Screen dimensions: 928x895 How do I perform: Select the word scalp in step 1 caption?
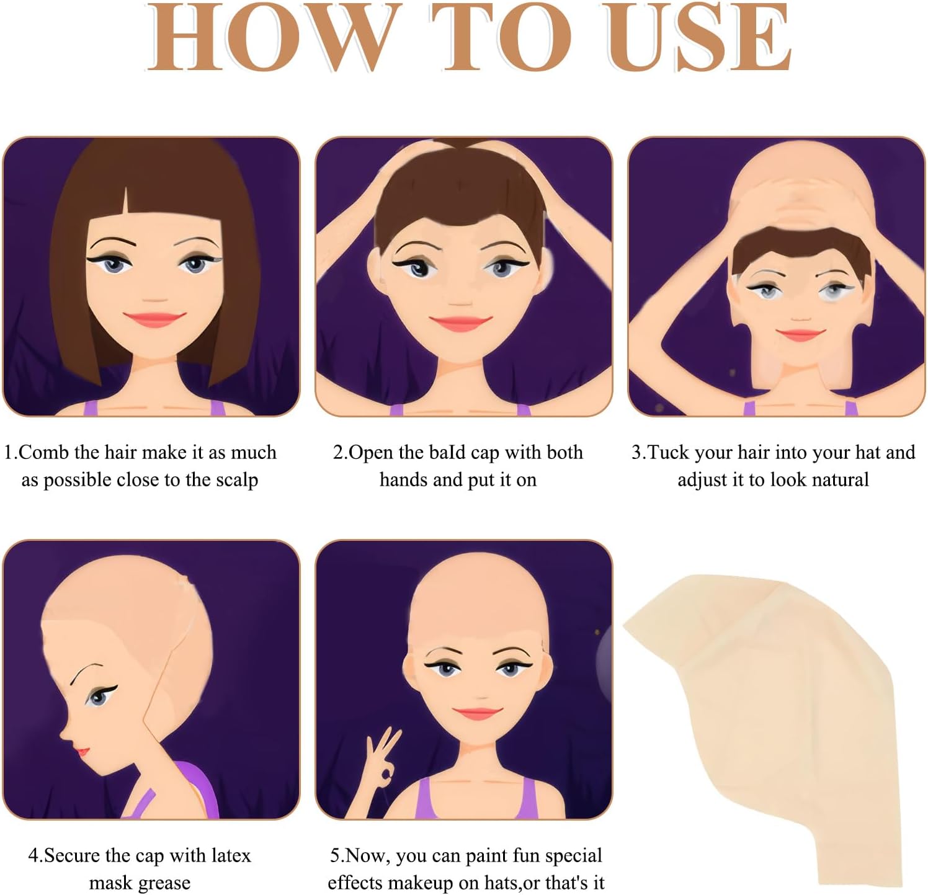point(237,480)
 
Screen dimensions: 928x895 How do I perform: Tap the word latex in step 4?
point(230,855)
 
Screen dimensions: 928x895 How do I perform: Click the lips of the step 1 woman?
point(154,319)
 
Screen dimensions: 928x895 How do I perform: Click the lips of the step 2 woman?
point(460,323)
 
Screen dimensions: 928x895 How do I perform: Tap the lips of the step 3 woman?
point(801,335)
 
